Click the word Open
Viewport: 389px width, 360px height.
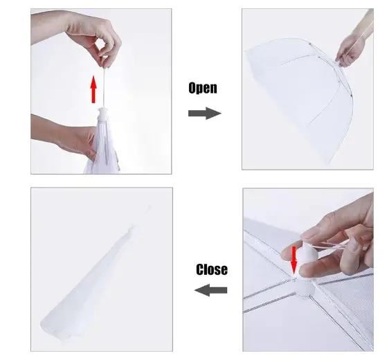coord(203,88)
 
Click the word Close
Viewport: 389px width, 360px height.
coord(212,270)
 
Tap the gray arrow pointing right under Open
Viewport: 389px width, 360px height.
coord(205,114)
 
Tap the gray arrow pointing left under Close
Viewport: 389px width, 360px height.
coord(210,290)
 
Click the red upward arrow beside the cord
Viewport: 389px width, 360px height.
coord(93,89)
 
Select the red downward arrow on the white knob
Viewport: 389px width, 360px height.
coord(294,260)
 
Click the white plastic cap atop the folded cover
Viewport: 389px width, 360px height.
coord(104,114)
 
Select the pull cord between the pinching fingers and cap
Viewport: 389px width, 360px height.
coord(104,88)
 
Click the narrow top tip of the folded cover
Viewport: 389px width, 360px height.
coord(149,206)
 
